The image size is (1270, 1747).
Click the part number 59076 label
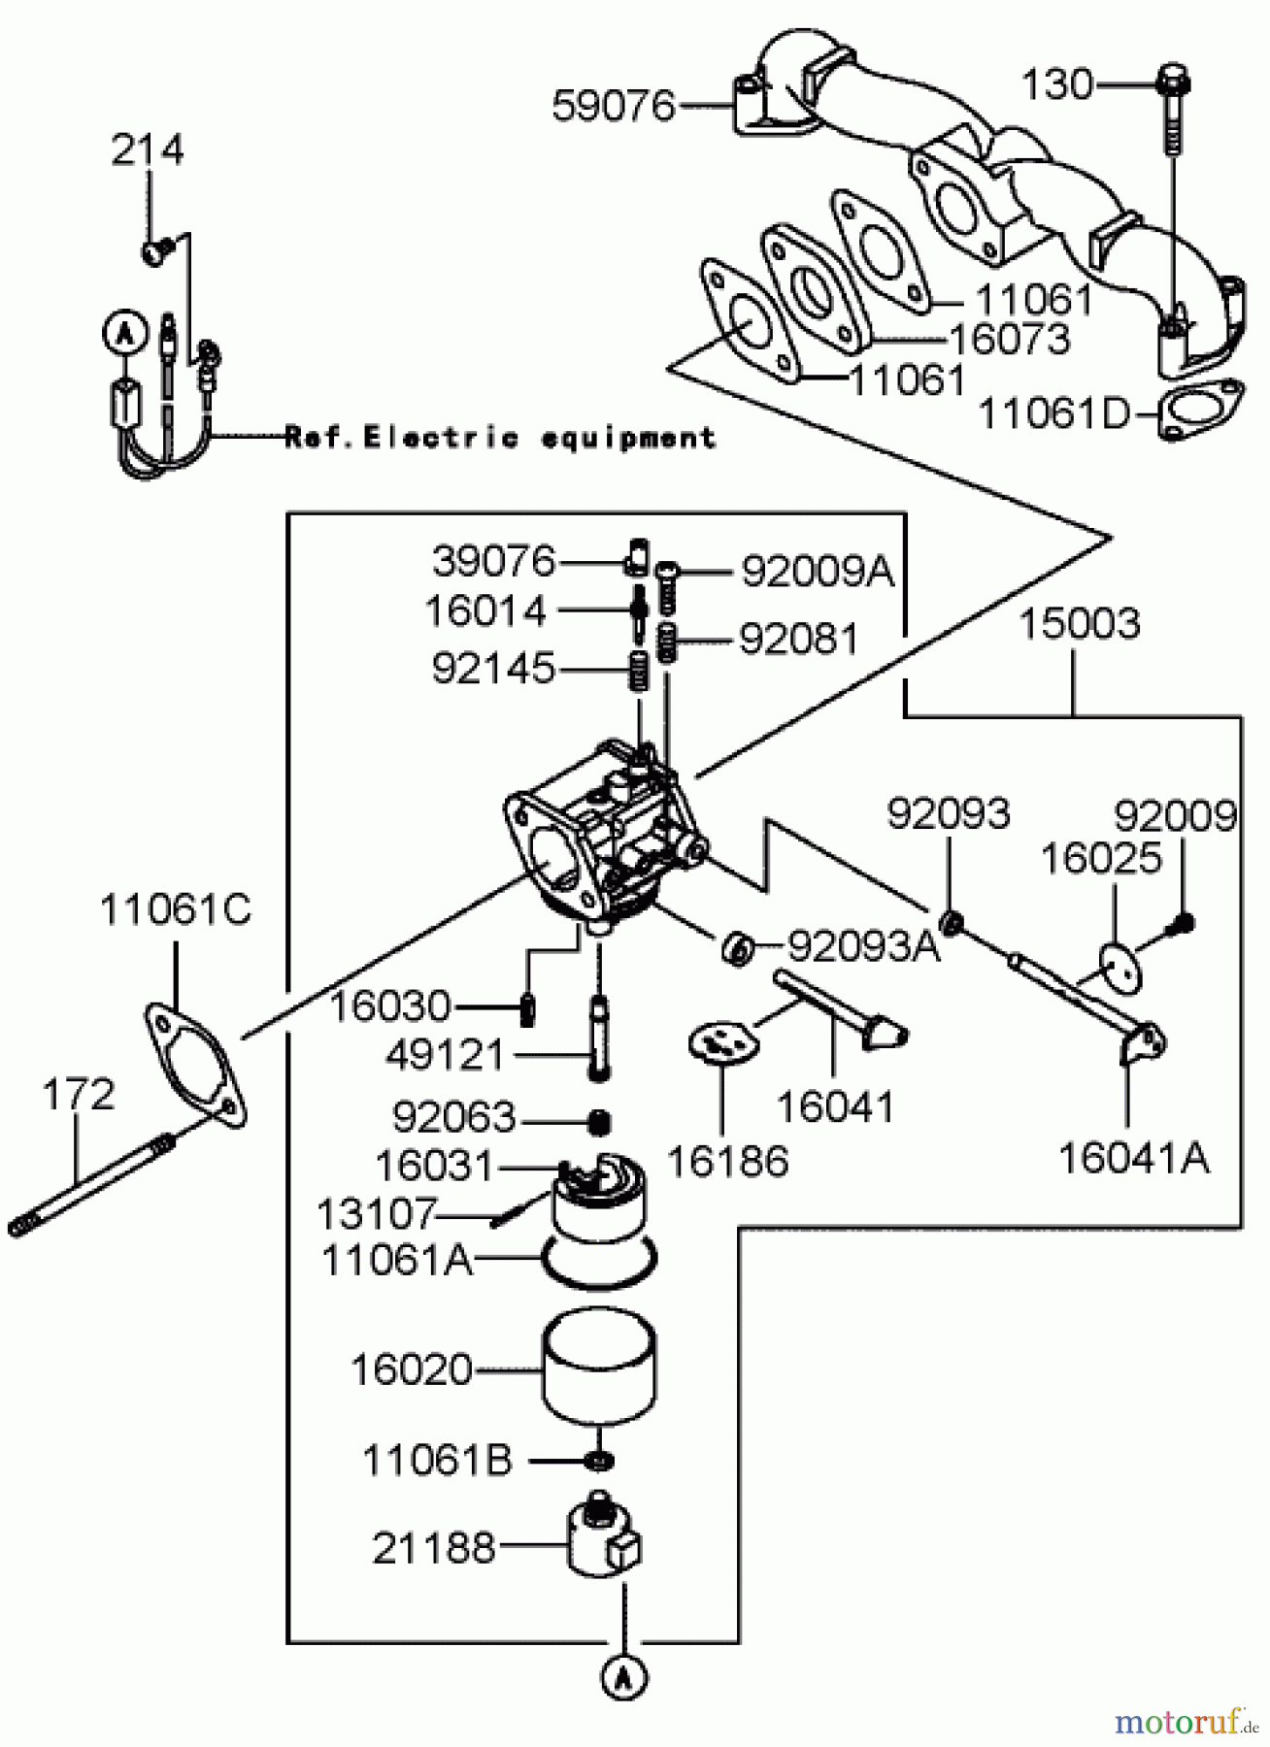[x=613, y=106]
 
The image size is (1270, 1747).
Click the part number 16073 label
[x=1010, y=340]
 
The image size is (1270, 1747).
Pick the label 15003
[x=1079, y=623]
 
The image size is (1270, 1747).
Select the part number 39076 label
[x=493, y=561]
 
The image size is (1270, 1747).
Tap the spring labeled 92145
[x=638, y=670]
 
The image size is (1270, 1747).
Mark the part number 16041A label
[x=1133, y=1158]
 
